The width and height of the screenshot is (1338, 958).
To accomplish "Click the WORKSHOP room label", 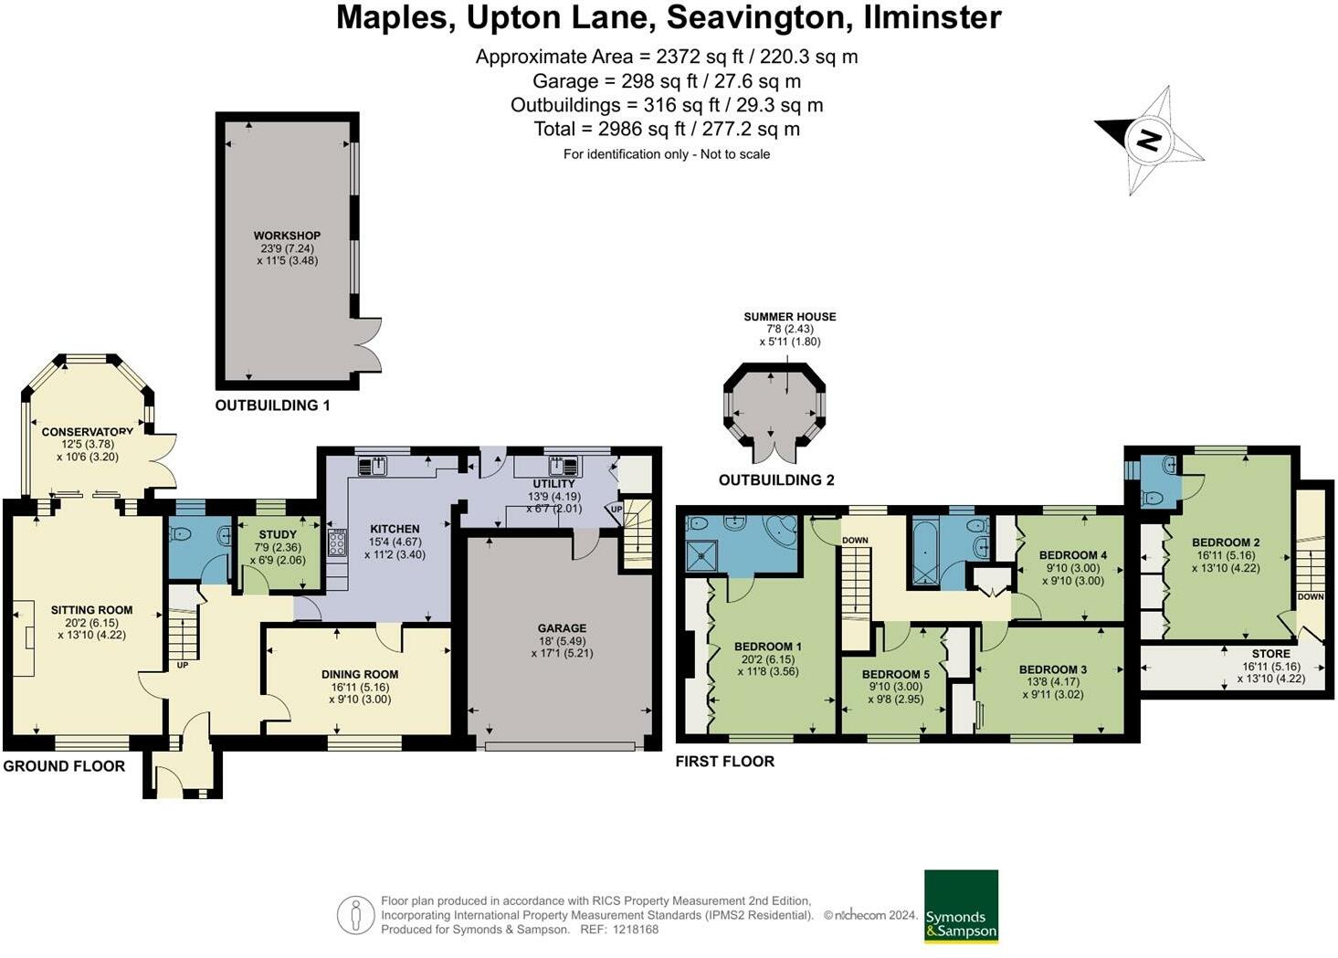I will [287, 236].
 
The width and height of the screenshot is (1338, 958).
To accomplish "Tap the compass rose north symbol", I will [1149, 140].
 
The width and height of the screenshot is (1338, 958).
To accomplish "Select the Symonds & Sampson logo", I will [961, 906].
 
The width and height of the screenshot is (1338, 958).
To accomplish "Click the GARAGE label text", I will [562, 628].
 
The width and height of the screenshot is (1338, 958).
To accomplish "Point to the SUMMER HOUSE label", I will [789, 317].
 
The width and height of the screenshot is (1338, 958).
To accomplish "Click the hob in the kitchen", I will [336, 542].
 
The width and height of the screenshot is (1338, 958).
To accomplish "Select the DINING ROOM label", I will [360, 674].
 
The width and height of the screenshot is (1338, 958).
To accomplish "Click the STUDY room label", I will [278, 534].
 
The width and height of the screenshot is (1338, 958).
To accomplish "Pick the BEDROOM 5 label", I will [895, 675].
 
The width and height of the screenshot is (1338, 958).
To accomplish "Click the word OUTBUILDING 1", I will [272, 405].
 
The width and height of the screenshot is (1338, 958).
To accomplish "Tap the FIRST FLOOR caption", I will [724, 762].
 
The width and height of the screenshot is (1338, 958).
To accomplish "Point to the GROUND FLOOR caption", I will [64, 766].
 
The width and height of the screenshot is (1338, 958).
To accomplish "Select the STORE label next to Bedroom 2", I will [1270, 654].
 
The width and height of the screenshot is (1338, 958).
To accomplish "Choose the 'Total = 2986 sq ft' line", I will [667, 129].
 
